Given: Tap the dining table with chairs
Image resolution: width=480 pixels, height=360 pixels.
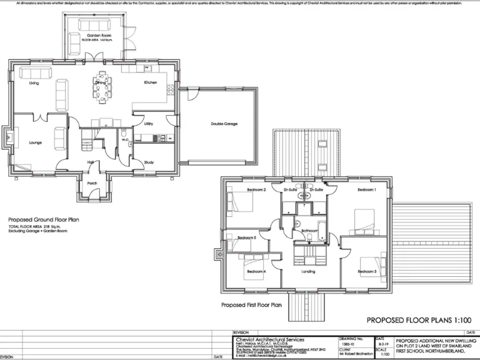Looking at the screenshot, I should click(x=101, y=89).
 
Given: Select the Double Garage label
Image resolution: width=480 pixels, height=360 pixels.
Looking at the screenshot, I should click(x=223, y=124).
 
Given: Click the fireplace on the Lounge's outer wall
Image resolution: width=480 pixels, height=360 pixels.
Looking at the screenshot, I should click(x=8, y=137).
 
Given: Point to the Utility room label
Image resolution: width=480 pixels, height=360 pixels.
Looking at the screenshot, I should click(x=148, y=124).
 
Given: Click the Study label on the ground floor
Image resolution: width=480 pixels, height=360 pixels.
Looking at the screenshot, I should click(x=149, y=162).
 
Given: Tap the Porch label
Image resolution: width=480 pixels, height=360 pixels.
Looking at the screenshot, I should click(x=92, y=183).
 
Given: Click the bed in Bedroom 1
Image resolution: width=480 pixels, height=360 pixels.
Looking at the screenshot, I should click(x=363, y=219).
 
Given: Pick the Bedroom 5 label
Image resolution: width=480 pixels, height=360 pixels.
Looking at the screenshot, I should click(x=247, y=238).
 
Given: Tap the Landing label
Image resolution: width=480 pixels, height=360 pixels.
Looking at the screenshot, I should click(x=308, y=272).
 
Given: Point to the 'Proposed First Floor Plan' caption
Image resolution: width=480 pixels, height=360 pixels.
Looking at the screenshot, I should click(x=252, y=305).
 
